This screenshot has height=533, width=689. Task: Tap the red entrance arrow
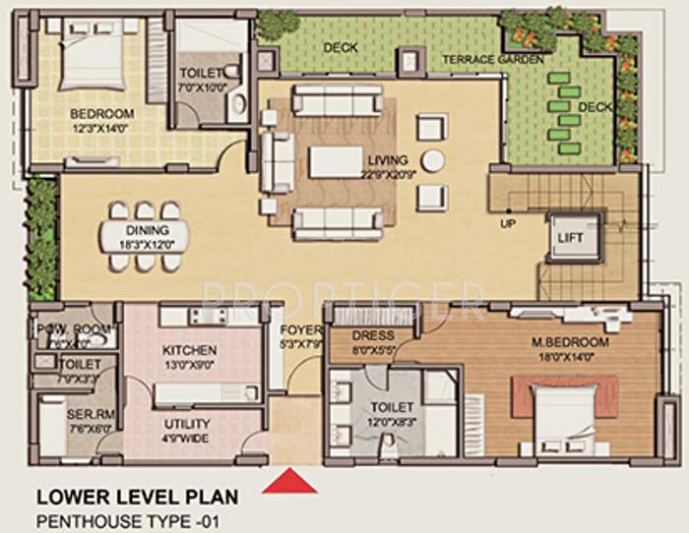[x=288, y=482]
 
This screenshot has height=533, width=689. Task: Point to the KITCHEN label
[x=191, y=349]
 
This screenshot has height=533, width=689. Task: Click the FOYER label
[x=298, y=330]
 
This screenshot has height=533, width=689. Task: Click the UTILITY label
[x=186, y=424]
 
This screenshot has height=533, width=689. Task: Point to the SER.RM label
[x=80, y=415]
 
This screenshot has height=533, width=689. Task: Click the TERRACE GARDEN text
[x=492, y=60]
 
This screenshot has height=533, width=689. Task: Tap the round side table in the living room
[x=432, y=160]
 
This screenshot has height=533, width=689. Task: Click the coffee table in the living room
[x=336, y=161]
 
